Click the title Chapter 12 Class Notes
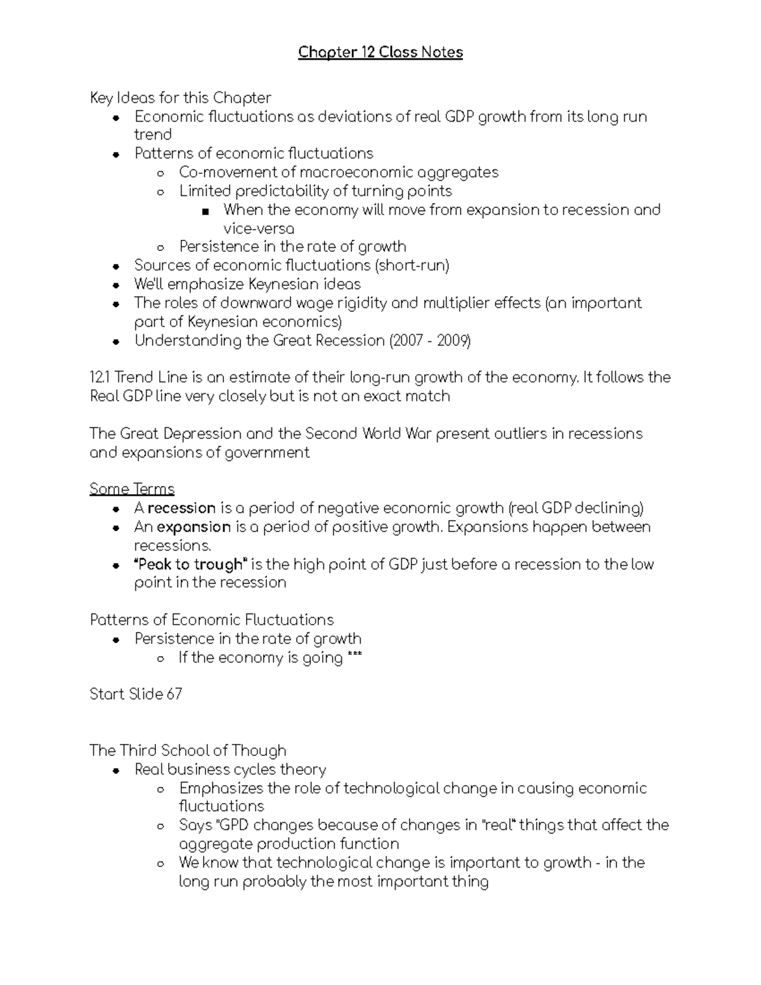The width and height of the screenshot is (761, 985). tap(380, 52)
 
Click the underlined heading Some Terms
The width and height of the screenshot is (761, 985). tap(132, 489)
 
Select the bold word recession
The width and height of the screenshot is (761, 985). tap(181, 508)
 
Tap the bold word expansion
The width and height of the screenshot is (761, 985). tap(193, 527)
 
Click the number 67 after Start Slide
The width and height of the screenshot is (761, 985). tap(174, 694)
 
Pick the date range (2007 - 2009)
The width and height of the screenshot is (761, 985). tap(430, 341)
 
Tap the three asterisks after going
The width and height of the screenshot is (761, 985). tap(354, 658)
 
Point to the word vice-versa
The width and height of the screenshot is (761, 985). tap(259, 228)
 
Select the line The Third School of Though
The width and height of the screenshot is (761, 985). tap(188, 750)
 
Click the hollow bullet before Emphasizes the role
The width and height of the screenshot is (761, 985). tap(161, 790)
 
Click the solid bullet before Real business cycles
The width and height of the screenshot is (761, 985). tap(116, 771)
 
